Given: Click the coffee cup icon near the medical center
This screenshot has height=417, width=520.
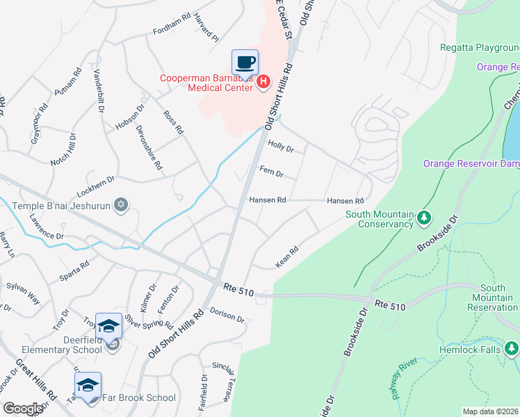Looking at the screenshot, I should click(245, 63).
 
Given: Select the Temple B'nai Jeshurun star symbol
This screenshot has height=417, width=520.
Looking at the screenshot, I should click(121, 204).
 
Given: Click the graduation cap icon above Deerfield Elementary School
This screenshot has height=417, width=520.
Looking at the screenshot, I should click(108, 326).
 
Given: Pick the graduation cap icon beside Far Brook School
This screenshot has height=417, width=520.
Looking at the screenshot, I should click(88, 385).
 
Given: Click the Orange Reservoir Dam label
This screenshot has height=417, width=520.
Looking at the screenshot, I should click(471, 163).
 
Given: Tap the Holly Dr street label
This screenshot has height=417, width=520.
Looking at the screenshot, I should click(281, 148).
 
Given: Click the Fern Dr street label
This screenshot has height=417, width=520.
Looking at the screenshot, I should click(271, 172).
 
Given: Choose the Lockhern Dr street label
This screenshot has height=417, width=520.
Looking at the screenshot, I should click(95, 180).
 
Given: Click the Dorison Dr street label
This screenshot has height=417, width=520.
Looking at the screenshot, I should click(227, 316).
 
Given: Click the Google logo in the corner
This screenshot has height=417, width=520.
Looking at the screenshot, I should click(23, 409).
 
